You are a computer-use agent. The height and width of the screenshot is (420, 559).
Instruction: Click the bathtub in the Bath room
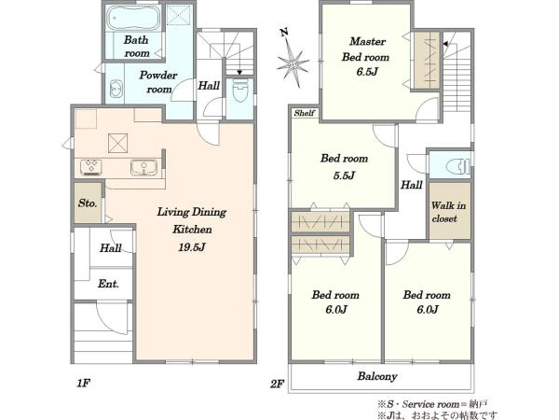(x=133, y=19)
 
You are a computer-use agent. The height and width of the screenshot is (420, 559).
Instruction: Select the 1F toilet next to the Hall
(x=240, y=90)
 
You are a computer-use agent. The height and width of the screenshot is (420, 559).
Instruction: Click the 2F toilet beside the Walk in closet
(x=457, y=166)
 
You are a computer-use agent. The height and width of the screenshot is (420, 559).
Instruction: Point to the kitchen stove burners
(x=91, y=167)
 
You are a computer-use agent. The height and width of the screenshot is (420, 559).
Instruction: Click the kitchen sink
(x=143, y=167)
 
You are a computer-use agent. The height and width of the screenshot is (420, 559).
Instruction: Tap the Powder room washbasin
(x=116, y=89)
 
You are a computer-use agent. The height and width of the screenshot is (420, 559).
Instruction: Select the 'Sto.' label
(x=88, y=203)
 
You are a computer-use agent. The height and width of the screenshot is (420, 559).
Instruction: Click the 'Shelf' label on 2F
(x=305, y=113)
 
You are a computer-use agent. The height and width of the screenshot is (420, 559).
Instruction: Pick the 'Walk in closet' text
(x=448, y=212)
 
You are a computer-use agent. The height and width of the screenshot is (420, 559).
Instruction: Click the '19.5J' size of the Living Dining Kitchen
(x=192, y=246)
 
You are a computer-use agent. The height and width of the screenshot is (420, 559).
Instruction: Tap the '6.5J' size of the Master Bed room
(x=367, y=72)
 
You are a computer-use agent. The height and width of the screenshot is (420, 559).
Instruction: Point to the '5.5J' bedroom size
(x=344, y=175)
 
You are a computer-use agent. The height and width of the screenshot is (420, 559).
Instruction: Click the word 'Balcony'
(x=377, y=376)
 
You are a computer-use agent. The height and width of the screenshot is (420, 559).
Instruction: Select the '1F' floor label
(x=84, y=384)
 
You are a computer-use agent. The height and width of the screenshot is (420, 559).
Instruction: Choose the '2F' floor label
(x=277, y=384)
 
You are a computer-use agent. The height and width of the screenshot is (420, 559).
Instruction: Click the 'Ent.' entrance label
(x=108, y=284)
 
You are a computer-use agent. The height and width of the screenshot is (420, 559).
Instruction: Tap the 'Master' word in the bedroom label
(x=368, y=41)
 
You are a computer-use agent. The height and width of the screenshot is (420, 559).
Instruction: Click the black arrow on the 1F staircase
(x=239, y=73)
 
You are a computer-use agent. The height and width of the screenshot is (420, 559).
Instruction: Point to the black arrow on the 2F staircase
(x=445, y=44)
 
